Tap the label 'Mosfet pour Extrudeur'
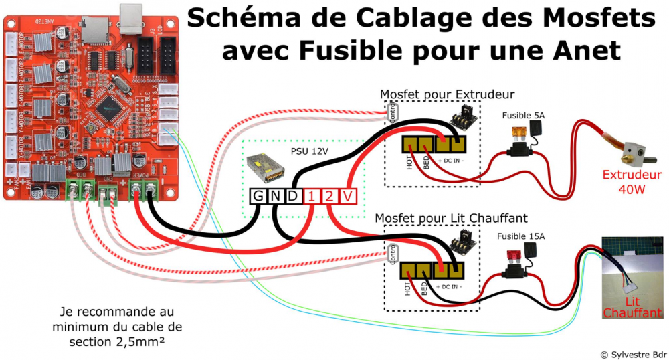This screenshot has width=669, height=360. (447, 94)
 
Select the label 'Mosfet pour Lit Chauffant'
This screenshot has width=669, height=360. (451, 218)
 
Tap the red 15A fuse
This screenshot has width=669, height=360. (515, 254)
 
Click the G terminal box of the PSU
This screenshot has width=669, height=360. (258, 197)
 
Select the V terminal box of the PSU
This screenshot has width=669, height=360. (348, 197)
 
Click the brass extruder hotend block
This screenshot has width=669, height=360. (631, 153)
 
